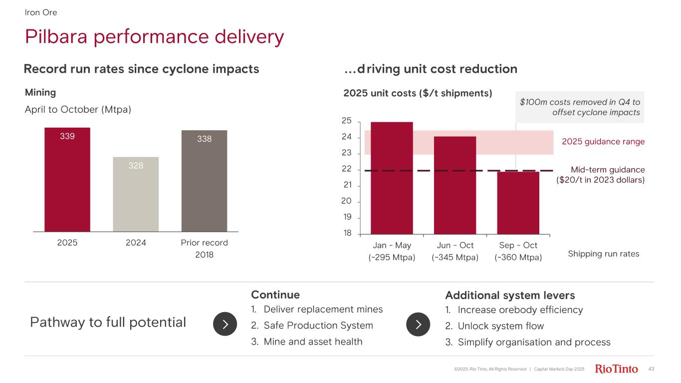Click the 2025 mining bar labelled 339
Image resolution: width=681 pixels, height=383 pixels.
(67, 180)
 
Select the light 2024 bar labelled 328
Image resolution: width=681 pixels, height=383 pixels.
(136, 194)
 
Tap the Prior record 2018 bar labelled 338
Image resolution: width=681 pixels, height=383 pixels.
(204, 181)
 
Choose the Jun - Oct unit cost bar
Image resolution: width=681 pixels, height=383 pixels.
(454, 185)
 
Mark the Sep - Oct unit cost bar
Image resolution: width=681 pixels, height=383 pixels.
(518, 202)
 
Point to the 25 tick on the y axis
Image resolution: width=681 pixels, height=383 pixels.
(347, 121)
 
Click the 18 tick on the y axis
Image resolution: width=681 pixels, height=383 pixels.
(347, 233)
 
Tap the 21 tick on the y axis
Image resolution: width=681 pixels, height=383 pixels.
(347, 185)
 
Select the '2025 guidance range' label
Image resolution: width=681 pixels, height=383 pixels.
(603, 142)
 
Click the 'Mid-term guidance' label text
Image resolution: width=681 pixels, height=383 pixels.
(607, 170)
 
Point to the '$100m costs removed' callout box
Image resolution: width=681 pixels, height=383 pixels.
(580, 107)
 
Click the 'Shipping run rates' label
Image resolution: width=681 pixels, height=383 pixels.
(603, 254)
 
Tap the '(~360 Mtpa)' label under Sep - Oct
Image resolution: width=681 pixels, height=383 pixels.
(518, 258)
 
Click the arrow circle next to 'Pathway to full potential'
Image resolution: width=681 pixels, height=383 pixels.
(225, 324)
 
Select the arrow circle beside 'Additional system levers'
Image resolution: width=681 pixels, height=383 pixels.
(418, 324)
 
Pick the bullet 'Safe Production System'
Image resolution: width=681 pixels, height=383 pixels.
(318, 326)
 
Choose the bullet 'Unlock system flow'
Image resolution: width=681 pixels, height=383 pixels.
(500, 326)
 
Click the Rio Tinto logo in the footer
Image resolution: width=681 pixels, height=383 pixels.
(617, 369)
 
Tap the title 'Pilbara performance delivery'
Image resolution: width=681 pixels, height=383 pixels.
(155, 36)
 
